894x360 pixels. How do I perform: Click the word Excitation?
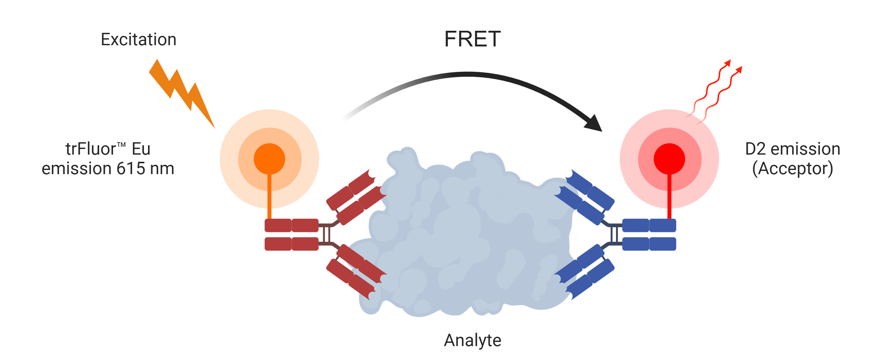pyautogui.click(x=138, y=40)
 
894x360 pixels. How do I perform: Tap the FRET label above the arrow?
pyautogui.click(x=472, y=39)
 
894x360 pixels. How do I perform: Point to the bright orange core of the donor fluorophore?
pyautogui.click(x=269, y=159)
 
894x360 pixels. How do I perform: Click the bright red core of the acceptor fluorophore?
pyautogui.click(x=669, y=159)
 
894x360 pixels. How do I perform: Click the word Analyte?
pyautogui.click(x=472, y=340)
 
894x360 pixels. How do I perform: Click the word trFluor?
pyautogui.click(x=90, y=149)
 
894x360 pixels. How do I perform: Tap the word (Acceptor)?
pyautogui.click(x=792, y=169)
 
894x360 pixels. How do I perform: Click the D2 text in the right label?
pyautogui.click(x=756, y=149)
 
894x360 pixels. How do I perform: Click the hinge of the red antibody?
pyautogui.click(x=326, y=234)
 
